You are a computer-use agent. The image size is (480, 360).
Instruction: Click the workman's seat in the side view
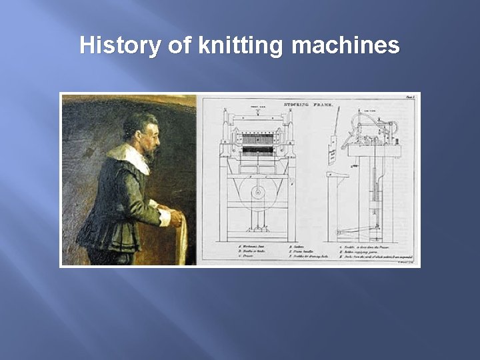point(337,175)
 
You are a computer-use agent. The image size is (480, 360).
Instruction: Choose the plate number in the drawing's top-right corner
point(409,97)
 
